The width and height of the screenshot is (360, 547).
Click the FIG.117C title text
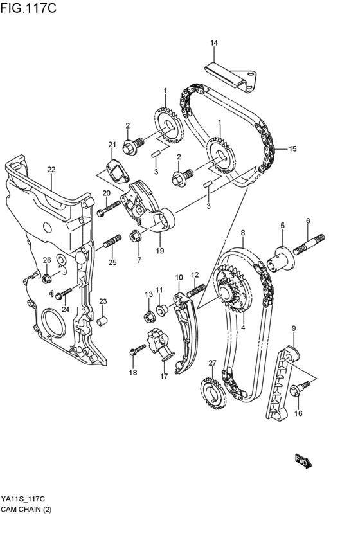coord(30,8)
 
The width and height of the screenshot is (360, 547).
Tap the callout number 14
coord(214,43)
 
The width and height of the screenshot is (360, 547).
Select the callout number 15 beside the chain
coord(292,149)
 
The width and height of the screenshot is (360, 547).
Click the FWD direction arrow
coord(303,460)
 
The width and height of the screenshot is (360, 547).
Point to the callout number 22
coord(51,170)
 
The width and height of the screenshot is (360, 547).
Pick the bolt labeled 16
coord(300,388)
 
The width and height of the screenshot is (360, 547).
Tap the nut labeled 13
coord(148,316)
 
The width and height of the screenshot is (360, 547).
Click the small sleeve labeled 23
coord(102,319)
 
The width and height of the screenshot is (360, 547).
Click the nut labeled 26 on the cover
coord(47,279)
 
